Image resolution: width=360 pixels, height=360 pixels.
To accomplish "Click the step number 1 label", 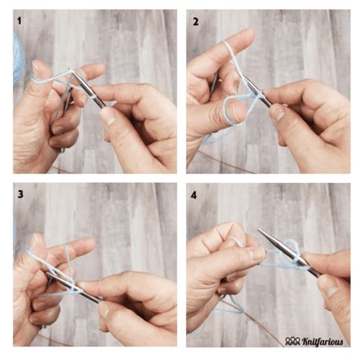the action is click(19, 21).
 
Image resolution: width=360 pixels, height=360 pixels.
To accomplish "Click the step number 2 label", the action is click(196, 22).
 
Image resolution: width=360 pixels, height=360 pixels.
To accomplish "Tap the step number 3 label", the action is click(21, 194).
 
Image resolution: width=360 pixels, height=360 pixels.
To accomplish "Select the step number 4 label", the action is click(194, 195).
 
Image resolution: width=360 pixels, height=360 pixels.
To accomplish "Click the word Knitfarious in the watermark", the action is click(323, 342).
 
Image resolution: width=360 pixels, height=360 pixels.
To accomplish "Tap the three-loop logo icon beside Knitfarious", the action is click(293, 341).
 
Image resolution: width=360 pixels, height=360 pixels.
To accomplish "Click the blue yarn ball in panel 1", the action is click(17, 58).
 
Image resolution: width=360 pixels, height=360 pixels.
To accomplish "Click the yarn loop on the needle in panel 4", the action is click(294, 251).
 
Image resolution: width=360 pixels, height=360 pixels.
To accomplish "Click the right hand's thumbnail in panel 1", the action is click(108, 117).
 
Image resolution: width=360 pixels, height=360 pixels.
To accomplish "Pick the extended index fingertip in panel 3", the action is click(89, 244).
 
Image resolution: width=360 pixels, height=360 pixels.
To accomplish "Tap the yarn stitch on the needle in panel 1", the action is click(94, 96).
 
